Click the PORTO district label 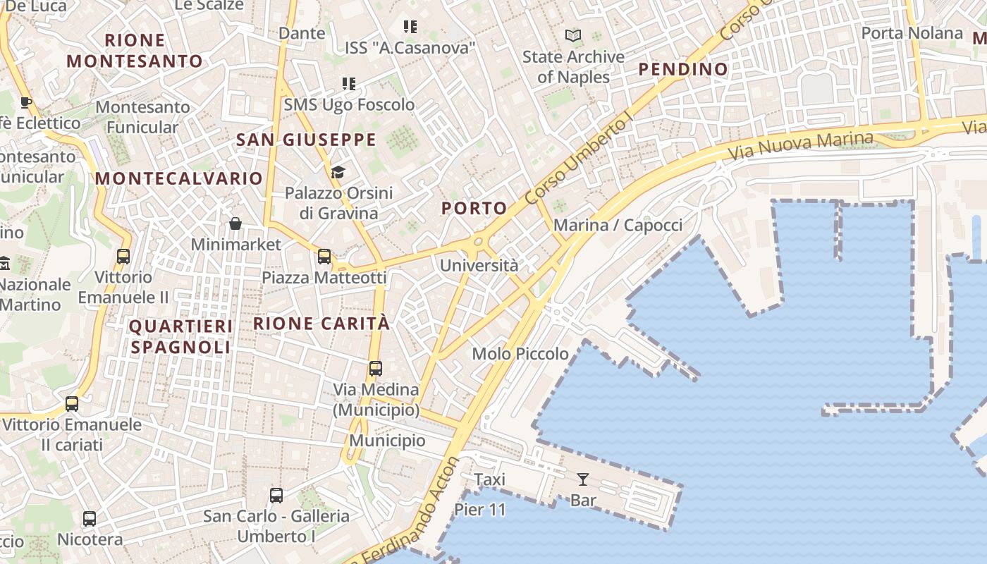(x=474, y=208)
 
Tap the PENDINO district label (x=682, y=69)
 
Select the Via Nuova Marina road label (x=800, y=145)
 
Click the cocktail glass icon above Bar (x=583, y=480)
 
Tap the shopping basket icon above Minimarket (x=235, y=224)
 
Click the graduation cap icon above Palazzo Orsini (x=338, y=173)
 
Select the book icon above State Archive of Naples (x=573, y=35)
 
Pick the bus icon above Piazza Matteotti (x=324, y=257)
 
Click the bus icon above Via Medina (x=376, y=369)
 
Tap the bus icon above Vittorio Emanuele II (x=123, y=257)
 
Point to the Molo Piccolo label (x=520, y=354)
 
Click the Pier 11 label (x=480, y=510)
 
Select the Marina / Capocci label (x=618, y=226)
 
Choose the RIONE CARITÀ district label (x=321, y=324)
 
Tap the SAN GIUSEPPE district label (x=306, y=140)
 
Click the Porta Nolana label (x=912, y=33)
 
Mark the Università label (x=479, y=266)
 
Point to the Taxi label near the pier (x=489, y=480)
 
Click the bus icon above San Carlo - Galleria (x=276, y=496)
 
